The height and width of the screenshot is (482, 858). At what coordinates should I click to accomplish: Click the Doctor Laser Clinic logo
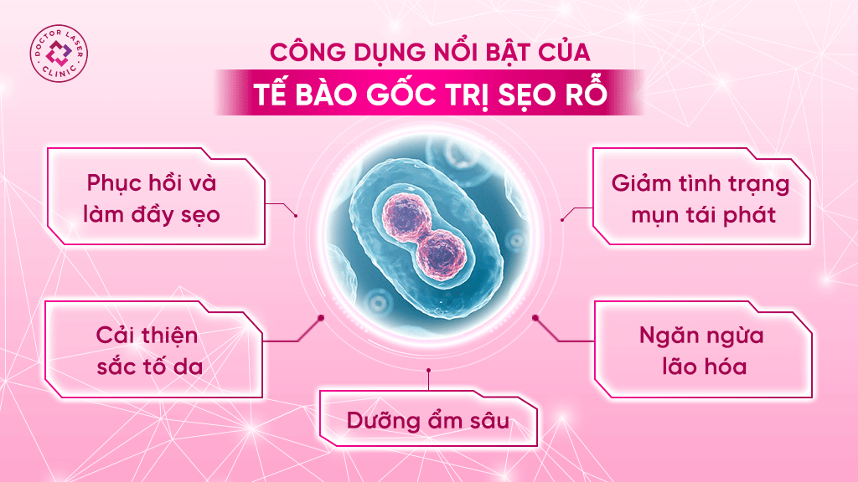(x=59, y=54)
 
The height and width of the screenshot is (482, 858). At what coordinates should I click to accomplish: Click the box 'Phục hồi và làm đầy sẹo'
(x=157, y=196)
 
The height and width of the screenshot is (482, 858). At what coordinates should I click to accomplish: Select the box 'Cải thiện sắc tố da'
(x=154, y=349)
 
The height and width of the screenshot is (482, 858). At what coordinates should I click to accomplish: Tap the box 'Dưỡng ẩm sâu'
(x=428, y=418)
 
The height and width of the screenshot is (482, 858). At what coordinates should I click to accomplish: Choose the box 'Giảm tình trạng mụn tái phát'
(x=701, y=196)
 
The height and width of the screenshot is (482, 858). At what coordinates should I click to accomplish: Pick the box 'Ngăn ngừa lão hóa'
(x=703, y=349)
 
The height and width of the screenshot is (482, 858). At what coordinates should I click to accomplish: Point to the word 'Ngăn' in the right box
(x=662, y=336)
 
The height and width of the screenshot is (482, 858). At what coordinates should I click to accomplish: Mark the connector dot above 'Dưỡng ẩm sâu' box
(x=428, y=371)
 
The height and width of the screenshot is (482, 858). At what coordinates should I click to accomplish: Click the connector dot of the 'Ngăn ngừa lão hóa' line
(x=535, y=317)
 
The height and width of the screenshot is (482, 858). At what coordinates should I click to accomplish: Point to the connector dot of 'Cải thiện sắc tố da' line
(x=321, y=317)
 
